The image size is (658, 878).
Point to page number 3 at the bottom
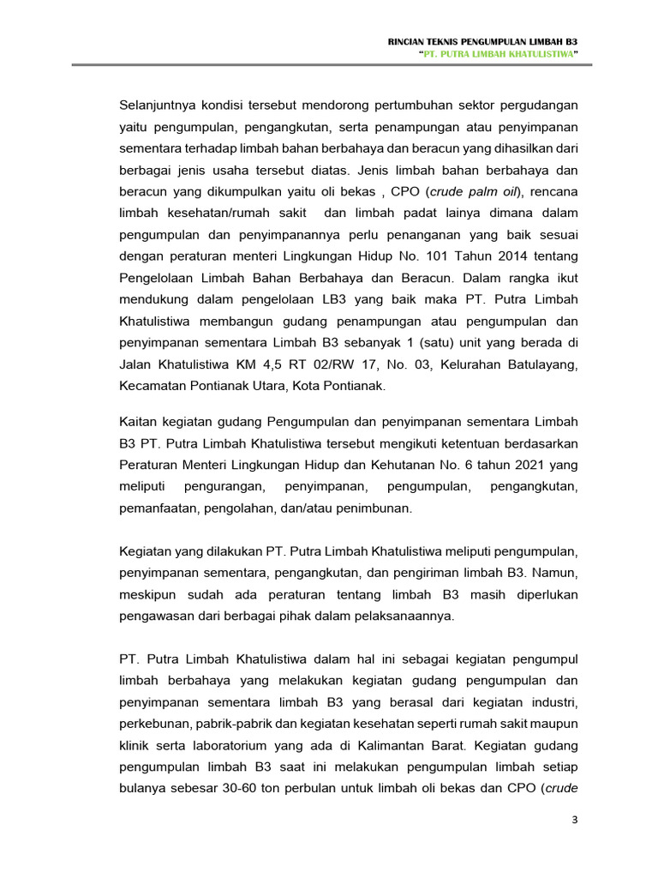click(x=576, y=820)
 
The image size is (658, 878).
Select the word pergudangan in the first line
click(x=538, y=105)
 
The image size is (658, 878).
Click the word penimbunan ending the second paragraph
click(x=374, y=508)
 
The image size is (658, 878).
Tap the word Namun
click(x=555, y=570)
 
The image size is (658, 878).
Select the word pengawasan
click(x=158, y=615)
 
